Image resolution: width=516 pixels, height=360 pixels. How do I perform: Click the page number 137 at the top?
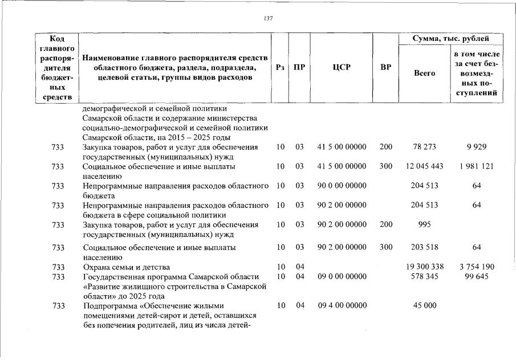pyautogui.click(x=269, y=19)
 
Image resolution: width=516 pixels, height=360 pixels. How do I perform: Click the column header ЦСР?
pyautogui.click(x=341, y=67)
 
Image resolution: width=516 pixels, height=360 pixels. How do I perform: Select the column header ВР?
pyautogui.click(x=385, y=67)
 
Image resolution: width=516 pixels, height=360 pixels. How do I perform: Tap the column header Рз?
pyautogui.click(x=279, y=67)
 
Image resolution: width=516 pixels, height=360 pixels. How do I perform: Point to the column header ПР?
pyautogui.click(x=299, y=67)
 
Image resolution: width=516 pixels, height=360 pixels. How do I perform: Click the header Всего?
pyautogui.click(x=424, y=73)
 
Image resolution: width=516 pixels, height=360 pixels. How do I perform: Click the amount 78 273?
pyautogui.click(x=424, y=147)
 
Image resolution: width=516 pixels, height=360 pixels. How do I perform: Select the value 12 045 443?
pyautogui.click(x=424, y=166)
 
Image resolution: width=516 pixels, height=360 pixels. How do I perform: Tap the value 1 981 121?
pyautogui.click(x=476, y=166)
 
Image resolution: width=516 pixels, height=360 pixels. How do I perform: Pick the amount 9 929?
pyautogui.click(x=476, y=147)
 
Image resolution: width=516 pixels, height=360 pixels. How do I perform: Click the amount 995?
pyautogui.click(x=424, y=224)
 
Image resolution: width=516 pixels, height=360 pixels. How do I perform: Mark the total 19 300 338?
pyautogui.click(x=424, y=267)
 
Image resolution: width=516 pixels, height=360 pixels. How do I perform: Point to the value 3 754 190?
pyautogui.click(x=476, y=267)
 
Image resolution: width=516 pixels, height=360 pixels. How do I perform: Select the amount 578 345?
pyautogui.click(x=424, y=277)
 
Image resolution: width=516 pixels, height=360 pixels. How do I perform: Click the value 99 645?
pyautogui.click(x=476, y=277)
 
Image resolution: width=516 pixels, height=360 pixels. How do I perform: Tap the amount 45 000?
pyautogui.click(x=424, y=305)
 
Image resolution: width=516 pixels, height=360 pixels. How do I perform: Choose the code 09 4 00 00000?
pyautogui.click(x=342, y=305)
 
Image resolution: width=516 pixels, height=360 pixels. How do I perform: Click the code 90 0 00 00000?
pyautogui.click(x=342, y=186)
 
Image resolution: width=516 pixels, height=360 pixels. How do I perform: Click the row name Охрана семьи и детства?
pyautogui.click(x=126, y=267)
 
